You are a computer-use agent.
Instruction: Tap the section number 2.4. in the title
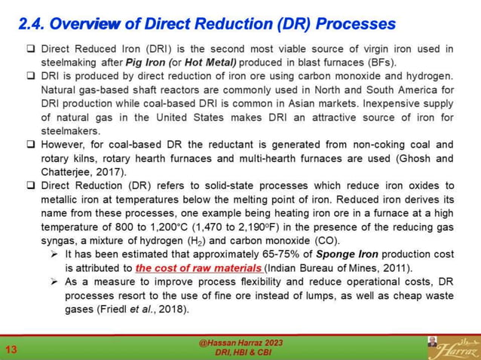(33, 23)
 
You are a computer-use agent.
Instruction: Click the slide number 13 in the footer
(12, 349)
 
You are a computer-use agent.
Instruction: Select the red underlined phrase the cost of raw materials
(199, 267)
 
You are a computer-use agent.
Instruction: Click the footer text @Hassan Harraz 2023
(240, 343)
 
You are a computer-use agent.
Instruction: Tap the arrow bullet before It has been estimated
(55, 255)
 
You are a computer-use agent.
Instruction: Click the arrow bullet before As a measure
(55, 282)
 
